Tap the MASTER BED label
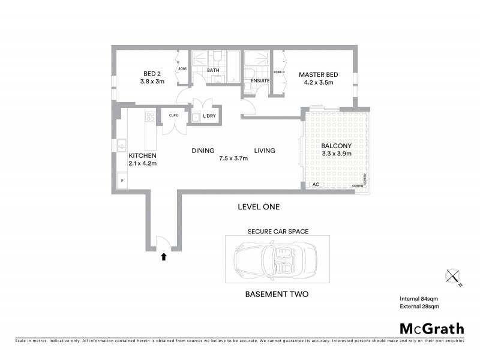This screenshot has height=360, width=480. (x=319, y=74)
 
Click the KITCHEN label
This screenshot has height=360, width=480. (x=142, y=155)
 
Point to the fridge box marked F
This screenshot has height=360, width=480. (x=122, y=180)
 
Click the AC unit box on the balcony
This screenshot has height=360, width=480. (x=316, y=185)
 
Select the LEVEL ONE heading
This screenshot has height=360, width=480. (x=259, y=207)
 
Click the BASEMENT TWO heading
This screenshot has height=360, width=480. (x=277, y=295)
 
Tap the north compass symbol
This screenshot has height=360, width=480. (x=453, y=277)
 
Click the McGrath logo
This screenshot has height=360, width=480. (x=431, y=328)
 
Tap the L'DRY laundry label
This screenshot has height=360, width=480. (x=209, y=115)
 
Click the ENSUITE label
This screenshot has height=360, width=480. (x=259, y=80)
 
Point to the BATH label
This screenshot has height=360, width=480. (x=213, y=70)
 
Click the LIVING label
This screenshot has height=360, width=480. (x=264, y=151)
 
